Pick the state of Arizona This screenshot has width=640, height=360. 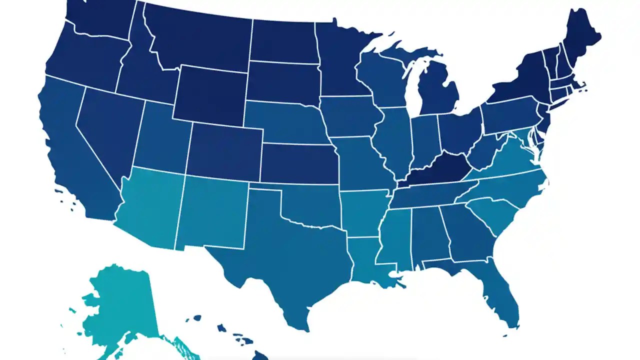tap(150, 205)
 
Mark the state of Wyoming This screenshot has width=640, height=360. tap(210, 95)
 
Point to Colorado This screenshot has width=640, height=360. tap(225, 150)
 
